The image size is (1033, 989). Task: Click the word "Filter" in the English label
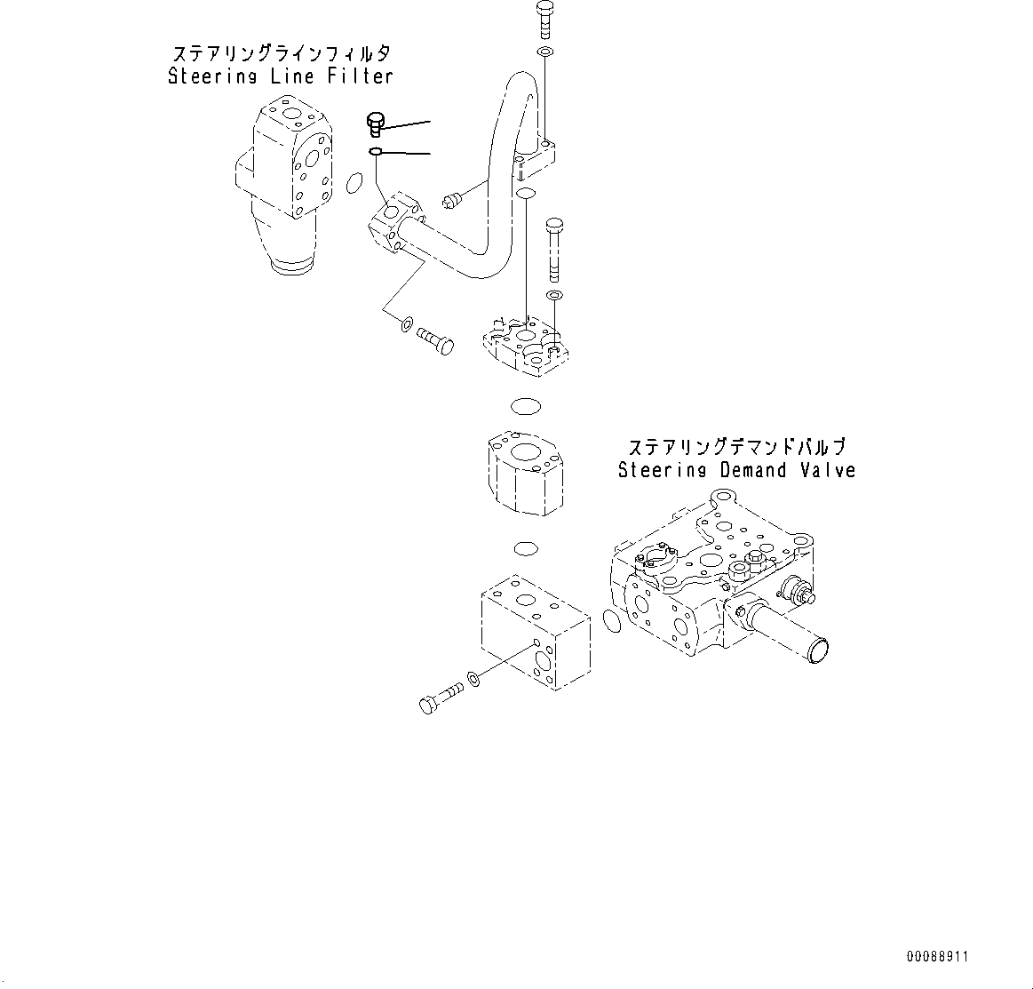[359, 76]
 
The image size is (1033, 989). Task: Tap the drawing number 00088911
[937, 957]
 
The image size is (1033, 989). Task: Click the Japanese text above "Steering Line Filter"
[281, 53]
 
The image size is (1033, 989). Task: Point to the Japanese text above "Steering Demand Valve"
[736, 447]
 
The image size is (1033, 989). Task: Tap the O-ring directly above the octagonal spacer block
[526, 406]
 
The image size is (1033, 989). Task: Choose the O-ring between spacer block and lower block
[526, 546]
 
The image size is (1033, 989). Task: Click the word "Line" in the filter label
[291, 76]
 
